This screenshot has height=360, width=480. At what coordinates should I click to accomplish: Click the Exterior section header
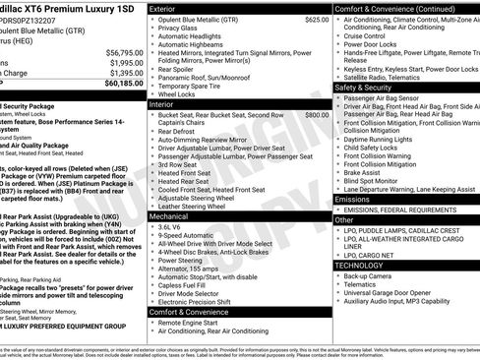(169, 8)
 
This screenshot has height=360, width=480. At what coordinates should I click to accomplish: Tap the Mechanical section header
(173, 215)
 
